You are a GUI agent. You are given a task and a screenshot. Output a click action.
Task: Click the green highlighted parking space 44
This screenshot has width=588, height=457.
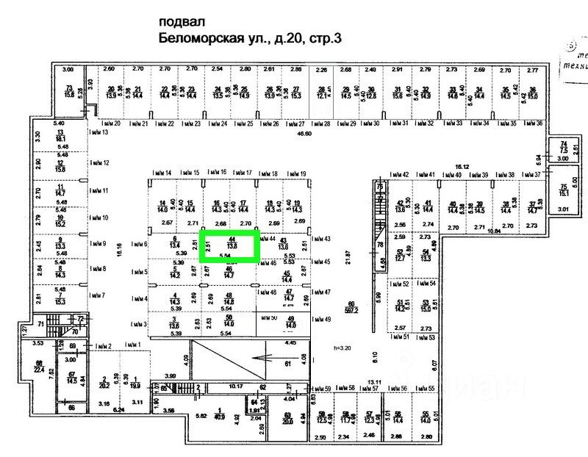pos(230,247)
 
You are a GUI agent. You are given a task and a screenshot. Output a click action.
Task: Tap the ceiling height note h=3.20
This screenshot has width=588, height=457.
pos(343,348)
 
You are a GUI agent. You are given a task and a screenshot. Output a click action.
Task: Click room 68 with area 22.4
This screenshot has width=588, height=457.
pos(38,367)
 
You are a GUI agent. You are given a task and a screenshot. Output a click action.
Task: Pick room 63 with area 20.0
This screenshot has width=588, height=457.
pos(287,420)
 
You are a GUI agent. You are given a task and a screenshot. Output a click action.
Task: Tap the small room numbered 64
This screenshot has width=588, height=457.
pos(254,403)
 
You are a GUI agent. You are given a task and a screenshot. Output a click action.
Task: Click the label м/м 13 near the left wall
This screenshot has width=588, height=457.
pos(98,133)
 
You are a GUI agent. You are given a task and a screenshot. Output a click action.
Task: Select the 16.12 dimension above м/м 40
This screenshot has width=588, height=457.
pos(462,167)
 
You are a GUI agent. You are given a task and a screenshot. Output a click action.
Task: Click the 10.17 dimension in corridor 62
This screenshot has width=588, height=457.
pos(235,385)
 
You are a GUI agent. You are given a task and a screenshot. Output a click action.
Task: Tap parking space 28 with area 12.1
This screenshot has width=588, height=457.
pos(322,92)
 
